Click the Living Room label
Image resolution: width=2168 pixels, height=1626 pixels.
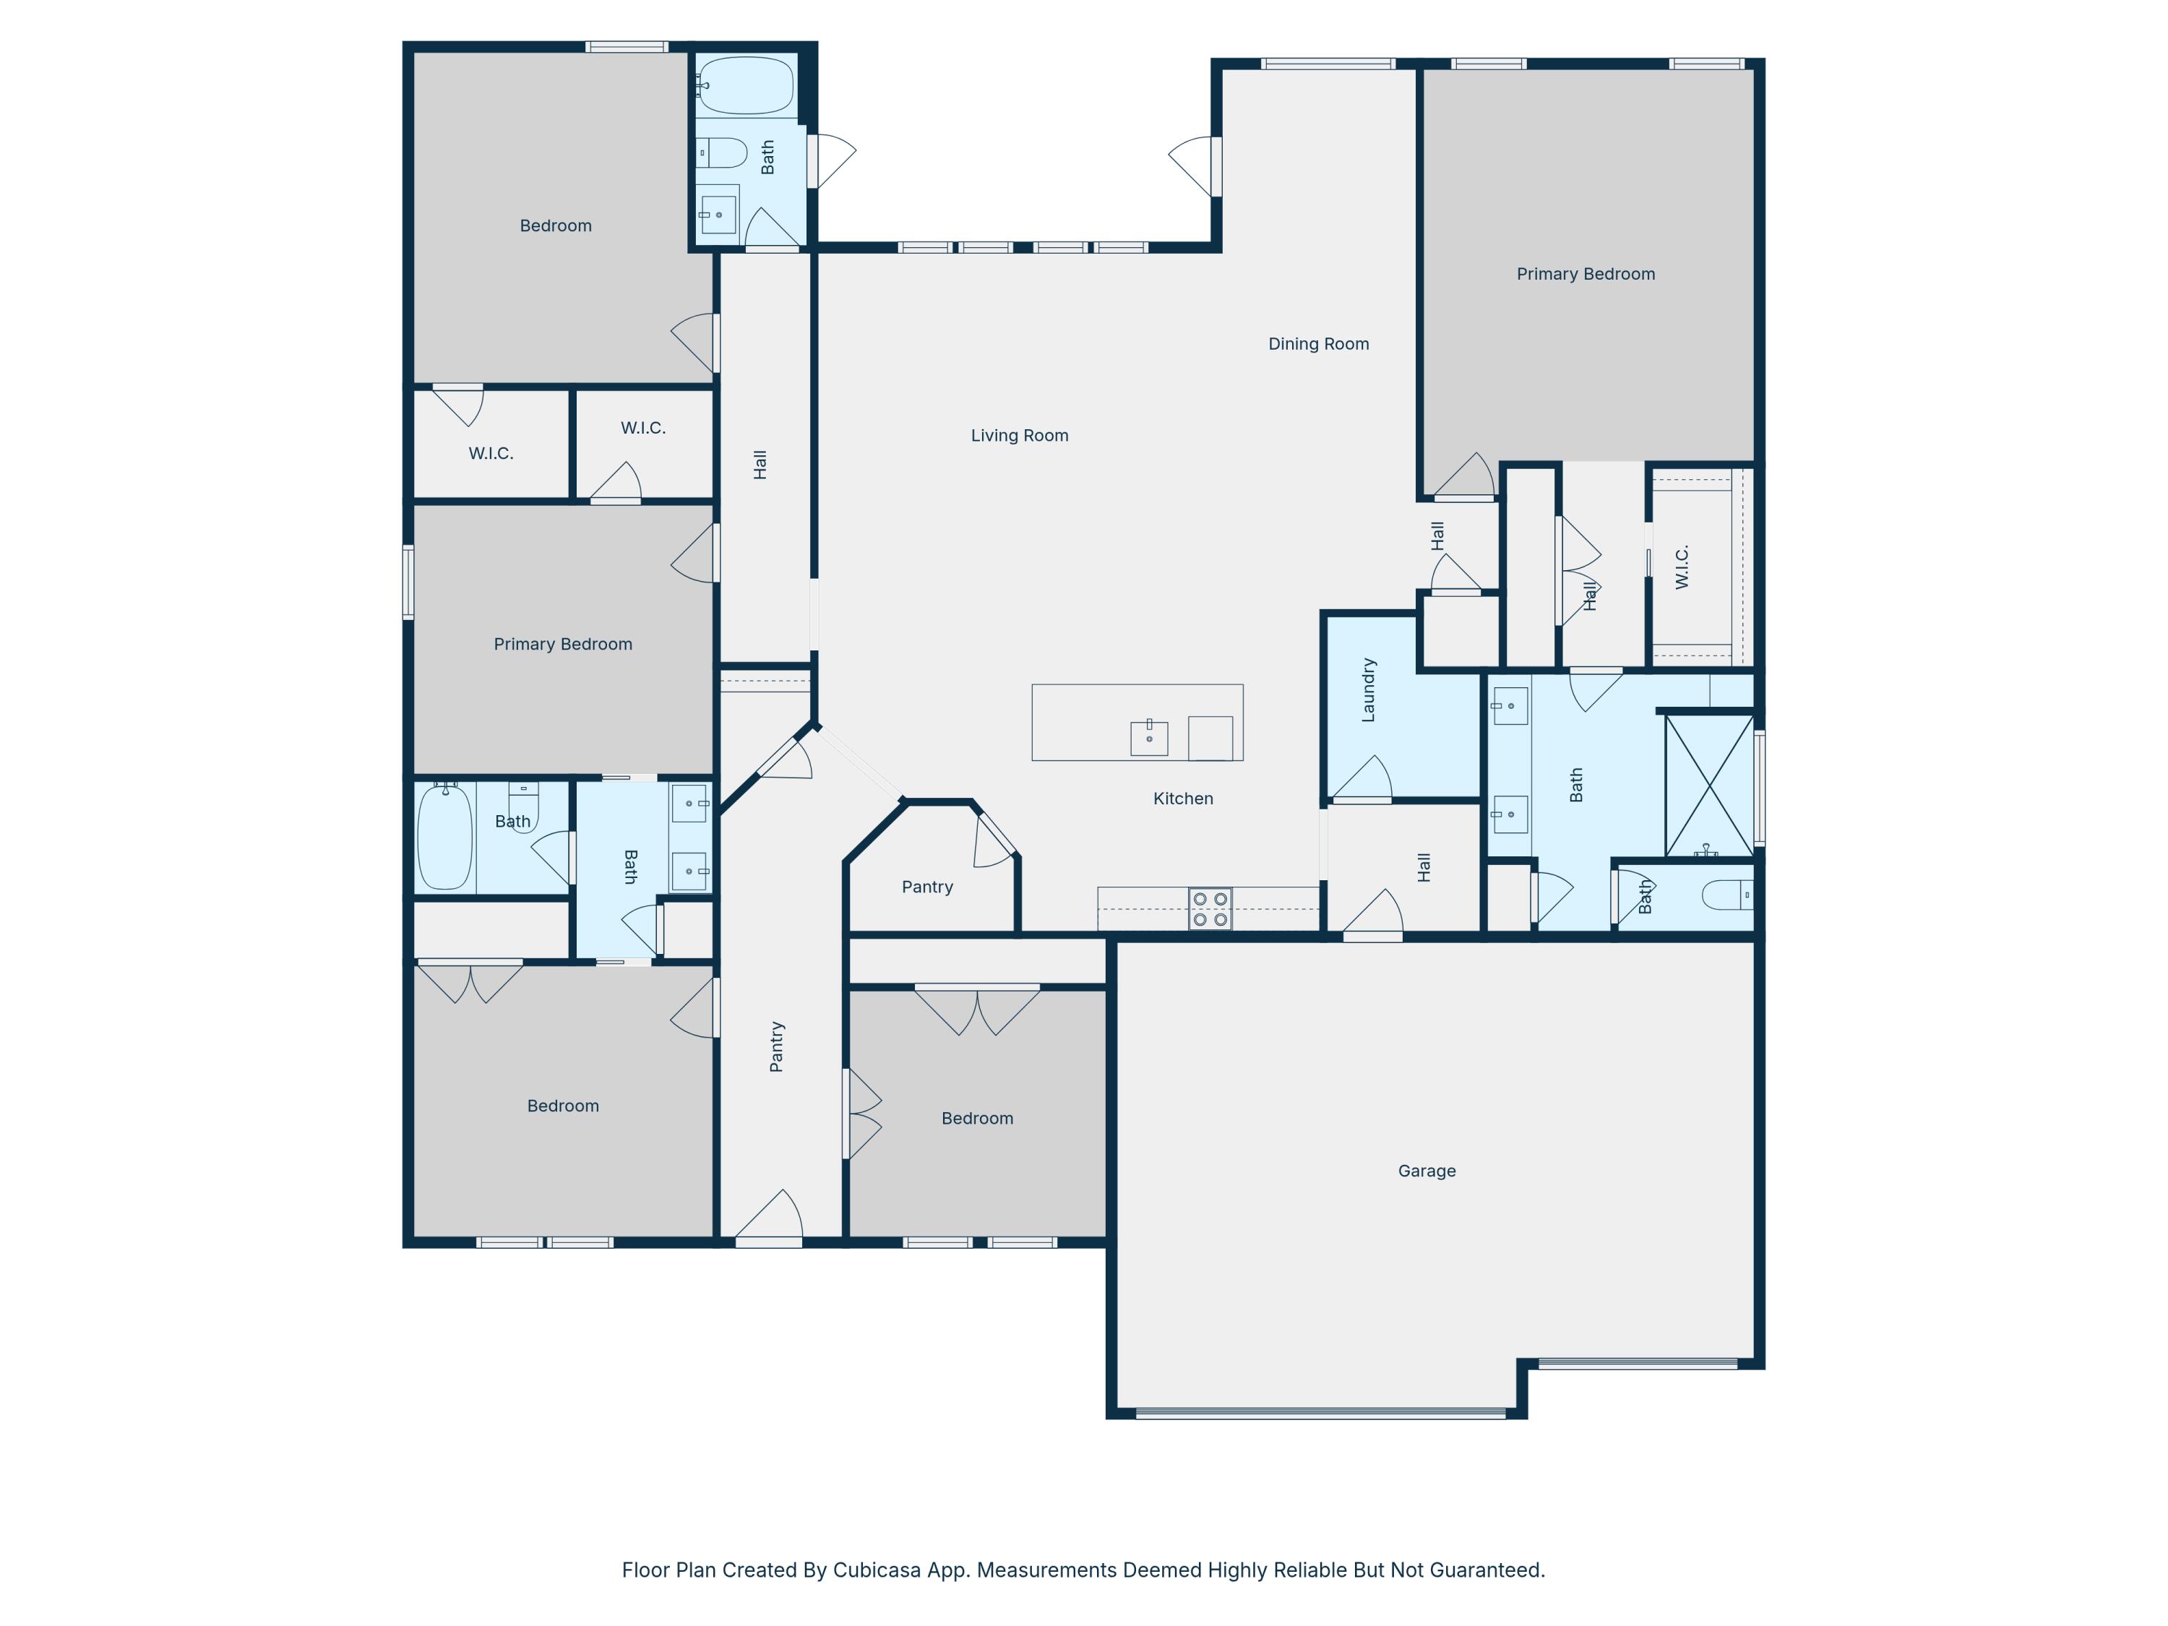[x=1019, y=435]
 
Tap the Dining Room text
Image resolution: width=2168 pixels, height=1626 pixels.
[x=1318, y=344]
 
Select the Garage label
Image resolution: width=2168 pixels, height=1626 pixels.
[x=1426, y=1170]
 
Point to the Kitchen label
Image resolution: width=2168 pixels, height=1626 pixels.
[x=1183, y=799]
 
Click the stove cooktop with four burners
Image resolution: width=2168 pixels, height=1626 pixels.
[x=1210, y=908]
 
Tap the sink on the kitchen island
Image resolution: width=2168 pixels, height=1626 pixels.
[x=1149, y=737]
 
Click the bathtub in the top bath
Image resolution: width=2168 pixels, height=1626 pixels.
[x=746, y=85]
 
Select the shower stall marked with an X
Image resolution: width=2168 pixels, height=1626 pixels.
[x=1709, y=785]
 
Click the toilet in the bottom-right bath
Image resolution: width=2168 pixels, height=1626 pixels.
[x=1727, y=895]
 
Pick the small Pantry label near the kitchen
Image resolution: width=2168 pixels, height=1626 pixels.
[x=926, y=887]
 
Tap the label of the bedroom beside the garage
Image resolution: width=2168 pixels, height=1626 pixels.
[x=977, y=1118]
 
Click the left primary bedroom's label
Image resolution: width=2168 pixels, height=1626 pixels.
[x=562, y=644]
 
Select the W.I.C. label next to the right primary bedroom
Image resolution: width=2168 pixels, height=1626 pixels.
[x=1682, y=567]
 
